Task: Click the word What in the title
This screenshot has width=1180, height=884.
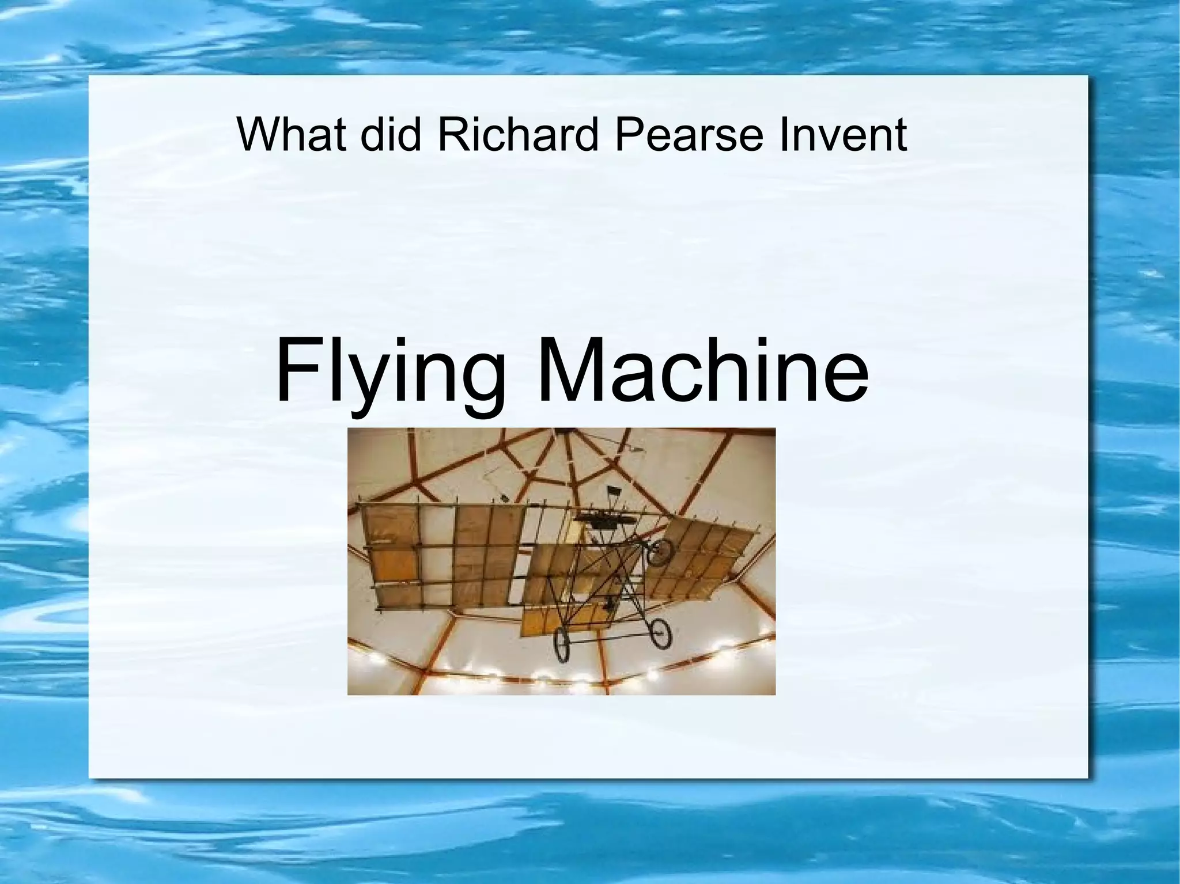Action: [x=291, y=135]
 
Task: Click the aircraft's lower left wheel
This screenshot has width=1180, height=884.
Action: [x=562, y=646]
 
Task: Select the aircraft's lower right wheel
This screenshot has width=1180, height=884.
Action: [x=660, y=634]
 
